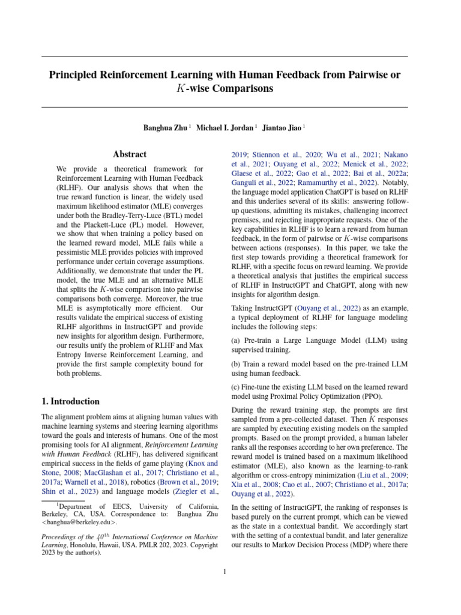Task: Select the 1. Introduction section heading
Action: [70, 401]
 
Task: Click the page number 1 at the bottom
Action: [224, 571]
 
